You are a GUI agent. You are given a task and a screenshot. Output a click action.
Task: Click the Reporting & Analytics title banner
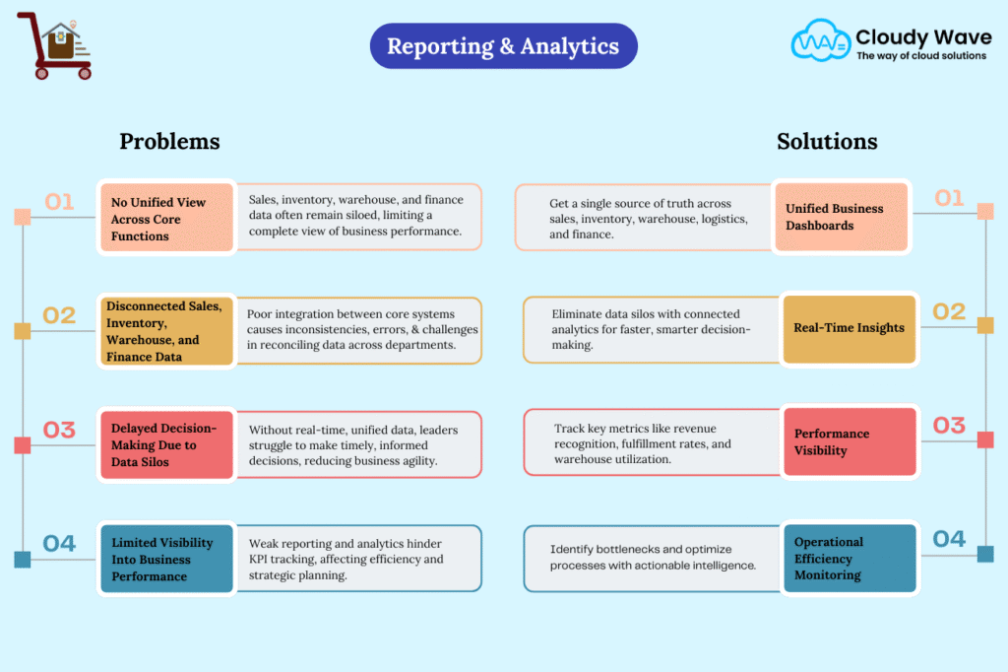[x=503, y=46]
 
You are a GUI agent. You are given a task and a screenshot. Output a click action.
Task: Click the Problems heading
[x=169, y=141]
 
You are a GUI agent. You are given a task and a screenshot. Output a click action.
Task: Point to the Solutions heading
[x=827, y=141]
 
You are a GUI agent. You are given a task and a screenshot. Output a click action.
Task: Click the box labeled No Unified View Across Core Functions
[x=166, y=219]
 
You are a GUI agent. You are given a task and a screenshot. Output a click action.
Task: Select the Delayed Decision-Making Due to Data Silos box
[x=166, y=444]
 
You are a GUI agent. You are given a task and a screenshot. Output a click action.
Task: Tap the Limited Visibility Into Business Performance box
[x=166, y=559]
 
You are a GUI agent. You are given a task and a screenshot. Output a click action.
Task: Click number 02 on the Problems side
[x=59, y=315]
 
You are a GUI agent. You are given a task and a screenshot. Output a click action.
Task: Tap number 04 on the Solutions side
[x=949, y=539]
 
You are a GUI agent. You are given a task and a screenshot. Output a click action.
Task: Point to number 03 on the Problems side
[x=59, y=431]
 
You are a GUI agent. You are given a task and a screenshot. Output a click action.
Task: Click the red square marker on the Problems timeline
[x=22, y=445]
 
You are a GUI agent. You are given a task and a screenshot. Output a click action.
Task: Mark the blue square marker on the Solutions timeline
[x=984, y=554]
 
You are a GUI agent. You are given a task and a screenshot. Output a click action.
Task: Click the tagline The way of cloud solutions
[x=920, y=56]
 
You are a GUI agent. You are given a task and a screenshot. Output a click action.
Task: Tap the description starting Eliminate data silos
[x=651, y=328]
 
